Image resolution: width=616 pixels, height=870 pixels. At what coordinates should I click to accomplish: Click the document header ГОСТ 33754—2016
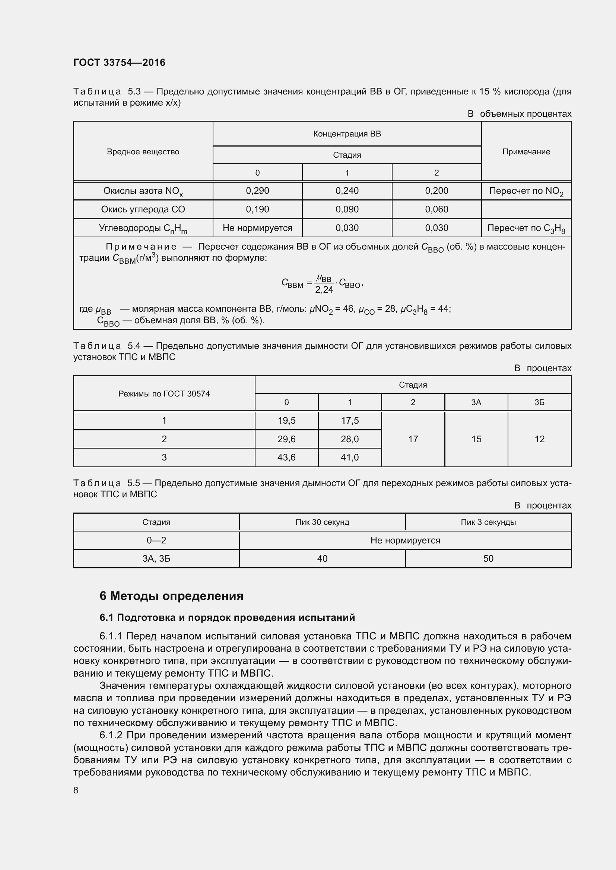click(119, 62)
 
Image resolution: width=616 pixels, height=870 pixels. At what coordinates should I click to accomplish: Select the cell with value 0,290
click(257, 190)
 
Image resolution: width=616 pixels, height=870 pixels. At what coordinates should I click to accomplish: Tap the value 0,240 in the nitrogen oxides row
click(347, 190)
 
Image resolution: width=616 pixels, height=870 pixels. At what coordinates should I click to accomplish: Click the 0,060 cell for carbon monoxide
click(436, 209)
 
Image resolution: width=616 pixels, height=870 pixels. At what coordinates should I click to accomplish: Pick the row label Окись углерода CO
click(143, 209)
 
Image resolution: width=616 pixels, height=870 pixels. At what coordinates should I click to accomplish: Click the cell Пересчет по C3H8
click(526, 228)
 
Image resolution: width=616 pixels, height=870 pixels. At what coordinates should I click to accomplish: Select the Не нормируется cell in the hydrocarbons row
click(257, 228)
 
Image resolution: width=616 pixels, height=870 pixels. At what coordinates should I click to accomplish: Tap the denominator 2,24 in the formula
click(324, 289)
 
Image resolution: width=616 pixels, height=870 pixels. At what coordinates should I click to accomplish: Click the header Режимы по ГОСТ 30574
click(164, 394)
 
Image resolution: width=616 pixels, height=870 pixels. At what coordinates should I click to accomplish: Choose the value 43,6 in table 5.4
click(286, 458)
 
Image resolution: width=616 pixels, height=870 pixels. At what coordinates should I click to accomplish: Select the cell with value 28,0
click(349, 439)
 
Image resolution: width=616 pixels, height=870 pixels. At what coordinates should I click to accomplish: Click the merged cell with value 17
click(413, 439)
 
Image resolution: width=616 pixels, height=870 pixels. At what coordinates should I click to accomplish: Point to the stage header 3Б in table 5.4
click(539, 402)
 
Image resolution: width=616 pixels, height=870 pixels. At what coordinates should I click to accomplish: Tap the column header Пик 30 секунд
click(322, 522)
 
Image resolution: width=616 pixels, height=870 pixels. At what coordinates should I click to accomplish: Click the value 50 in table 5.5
click(488, 559)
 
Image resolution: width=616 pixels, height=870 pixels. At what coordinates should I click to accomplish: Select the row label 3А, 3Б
click(156, 559)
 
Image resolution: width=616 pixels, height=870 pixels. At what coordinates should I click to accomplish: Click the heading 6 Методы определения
click(171, 596)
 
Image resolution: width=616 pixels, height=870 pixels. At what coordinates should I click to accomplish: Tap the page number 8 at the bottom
click(76, 790)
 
